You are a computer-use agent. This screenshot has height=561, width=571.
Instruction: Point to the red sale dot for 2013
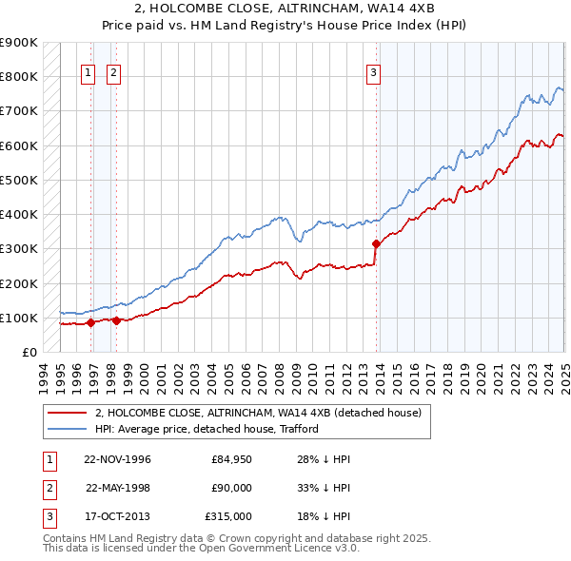(376, 242)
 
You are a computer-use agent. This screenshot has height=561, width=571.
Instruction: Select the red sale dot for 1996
(91, 322)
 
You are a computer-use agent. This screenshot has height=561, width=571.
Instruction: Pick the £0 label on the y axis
(29, 353)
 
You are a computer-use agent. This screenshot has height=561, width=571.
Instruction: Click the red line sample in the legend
(68, 413)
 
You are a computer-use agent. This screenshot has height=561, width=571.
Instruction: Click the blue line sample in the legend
(68, 429)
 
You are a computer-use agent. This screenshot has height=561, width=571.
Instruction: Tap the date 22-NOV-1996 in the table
(117, 459)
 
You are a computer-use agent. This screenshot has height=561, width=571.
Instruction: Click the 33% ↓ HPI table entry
(325, 488)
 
